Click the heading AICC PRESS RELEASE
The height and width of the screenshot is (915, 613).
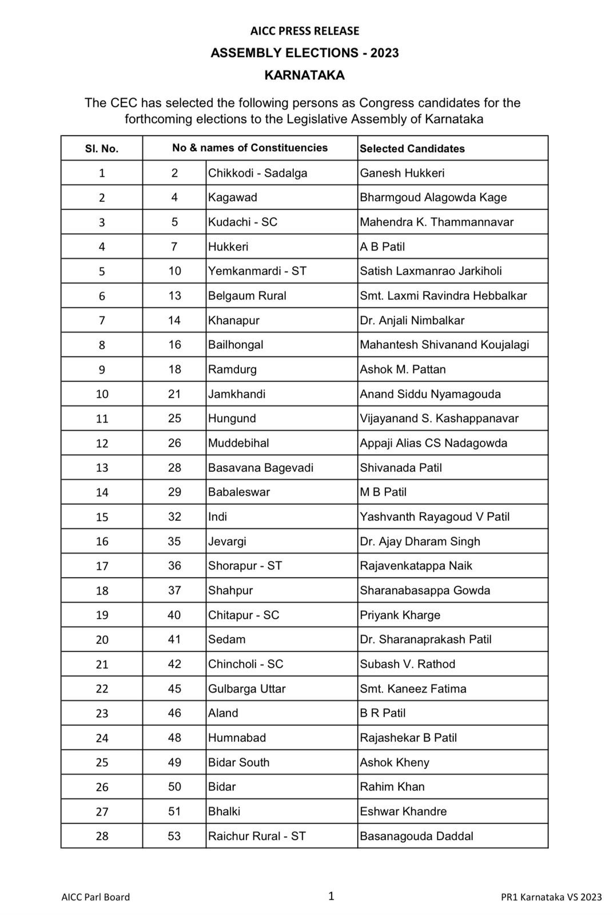[304, 31]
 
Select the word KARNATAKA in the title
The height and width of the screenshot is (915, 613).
[304, 75]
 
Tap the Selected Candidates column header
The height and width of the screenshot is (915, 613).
[412, 149]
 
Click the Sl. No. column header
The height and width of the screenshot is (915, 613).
[102, 149]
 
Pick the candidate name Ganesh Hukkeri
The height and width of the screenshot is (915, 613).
[401, 173]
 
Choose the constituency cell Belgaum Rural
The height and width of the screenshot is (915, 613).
[247, 296]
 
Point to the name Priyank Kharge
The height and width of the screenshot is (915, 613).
[400, 615]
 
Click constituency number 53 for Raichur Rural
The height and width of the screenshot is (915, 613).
[174, 836]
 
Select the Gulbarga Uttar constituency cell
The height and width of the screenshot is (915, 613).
[246, 689]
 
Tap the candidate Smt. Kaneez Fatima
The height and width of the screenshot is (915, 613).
[413, 689]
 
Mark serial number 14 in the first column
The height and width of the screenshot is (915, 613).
[102, 492]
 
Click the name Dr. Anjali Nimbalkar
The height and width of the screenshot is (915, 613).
[412, 320]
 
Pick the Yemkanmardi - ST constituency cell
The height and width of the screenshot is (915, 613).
[257, 271]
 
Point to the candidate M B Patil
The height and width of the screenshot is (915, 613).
[383, 492]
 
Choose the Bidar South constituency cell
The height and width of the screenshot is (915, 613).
[238, 762]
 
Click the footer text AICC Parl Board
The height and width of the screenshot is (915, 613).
[95, 897]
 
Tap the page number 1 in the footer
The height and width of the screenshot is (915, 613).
[331, 896]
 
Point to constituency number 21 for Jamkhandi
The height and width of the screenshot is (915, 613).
[174, 394]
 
